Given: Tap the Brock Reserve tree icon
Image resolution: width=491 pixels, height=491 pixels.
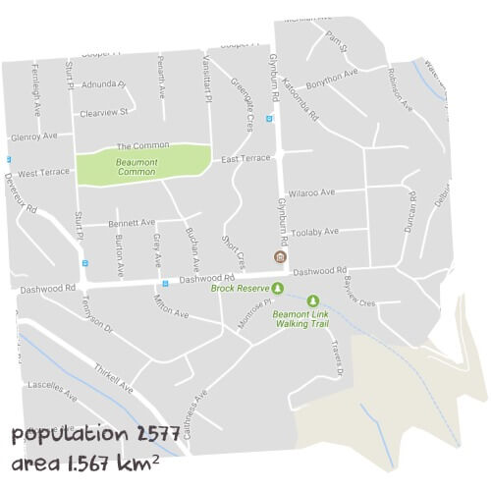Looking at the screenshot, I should [x=277, y=288].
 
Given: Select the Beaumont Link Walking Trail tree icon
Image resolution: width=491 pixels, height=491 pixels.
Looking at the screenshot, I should [x=313, y=300].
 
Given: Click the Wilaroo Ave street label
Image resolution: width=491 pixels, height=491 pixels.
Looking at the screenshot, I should [x=311, y=192].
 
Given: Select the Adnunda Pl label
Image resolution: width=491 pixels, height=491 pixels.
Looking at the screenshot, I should [x=104, y=84].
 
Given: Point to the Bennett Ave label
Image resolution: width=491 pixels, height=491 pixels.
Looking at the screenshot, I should [x=134, y=222].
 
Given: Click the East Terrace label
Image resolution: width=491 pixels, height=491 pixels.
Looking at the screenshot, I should [x=245, y=158].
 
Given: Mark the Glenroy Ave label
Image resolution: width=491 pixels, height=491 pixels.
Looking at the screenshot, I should [x=33, y=136].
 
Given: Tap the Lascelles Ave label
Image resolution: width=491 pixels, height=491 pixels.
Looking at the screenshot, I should [x=54, y=391].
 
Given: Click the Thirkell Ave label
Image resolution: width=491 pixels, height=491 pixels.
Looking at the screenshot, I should [x=114, y=374].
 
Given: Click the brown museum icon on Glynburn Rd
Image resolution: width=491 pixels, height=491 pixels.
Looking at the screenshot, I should [x=280, y=257].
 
